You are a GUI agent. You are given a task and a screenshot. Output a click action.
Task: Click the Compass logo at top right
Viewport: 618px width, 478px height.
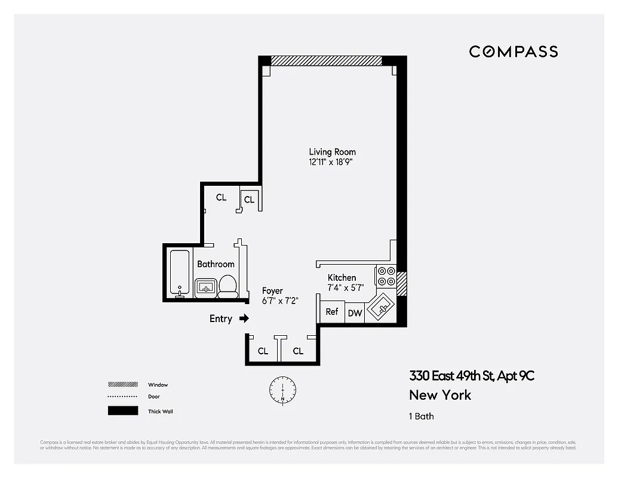click(x=513, y=51)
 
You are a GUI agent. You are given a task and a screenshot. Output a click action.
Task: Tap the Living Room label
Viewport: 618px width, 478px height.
click(x=332, y=152)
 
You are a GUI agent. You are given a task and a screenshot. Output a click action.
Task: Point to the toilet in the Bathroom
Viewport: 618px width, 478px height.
click(x=227, y=286)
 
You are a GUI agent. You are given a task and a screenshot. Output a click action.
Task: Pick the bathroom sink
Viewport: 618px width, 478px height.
click(x=206, y=287)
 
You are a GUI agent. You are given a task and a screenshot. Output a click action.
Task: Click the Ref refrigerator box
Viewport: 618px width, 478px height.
click(x=332, y=312)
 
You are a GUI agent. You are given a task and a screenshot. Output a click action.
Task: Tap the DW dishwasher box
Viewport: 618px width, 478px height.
click(x=355, y=312)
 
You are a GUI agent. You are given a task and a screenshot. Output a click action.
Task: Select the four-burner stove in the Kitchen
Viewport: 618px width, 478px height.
click(x=386, y=276)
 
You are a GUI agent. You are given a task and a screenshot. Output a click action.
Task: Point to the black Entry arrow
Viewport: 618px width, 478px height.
click(x=244, y=318)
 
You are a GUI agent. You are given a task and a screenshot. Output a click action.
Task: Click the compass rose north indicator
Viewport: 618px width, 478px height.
click(x=282, y=389)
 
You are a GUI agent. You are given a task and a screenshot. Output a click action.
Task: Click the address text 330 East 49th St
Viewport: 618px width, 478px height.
click(x=471, y=376)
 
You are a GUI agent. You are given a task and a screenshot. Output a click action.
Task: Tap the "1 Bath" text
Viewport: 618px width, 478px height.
click(x=422, y=416)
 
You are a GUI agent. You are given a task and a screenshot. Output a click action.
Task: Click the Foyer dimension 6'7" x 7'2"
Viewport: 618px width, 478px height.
click(x=280, y=301)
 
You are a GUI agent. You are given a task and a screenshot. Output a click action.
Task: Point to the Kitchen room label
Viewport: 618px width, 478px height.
click(x=342, y=278)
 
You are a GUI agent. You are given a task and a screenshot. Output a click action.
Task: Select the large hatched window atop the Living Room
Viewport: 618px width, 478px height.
click(x=326, y=60)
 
